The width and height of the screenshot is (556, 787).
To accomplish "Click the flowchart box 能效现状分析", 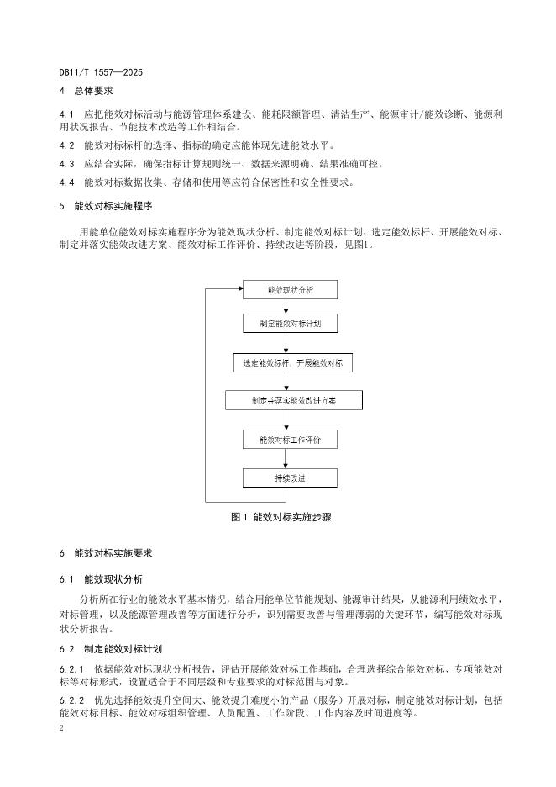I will [x=290, y=290].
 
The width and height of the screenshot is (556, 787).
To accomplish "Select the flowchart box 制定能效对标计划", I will [x=290, y=323].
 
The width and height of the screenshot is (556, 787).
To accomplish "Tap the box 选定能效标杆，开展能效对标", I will [x=293, y=363].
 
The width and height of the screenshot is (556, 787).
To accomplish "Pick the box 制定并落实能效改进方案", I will [x=293, y=400].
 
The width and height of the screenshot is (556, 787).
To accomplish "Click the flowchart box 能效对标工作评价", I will [x=290, y=439].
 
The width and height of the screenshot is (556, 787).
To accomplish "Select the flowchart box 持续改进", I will [x=290, y=478].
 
